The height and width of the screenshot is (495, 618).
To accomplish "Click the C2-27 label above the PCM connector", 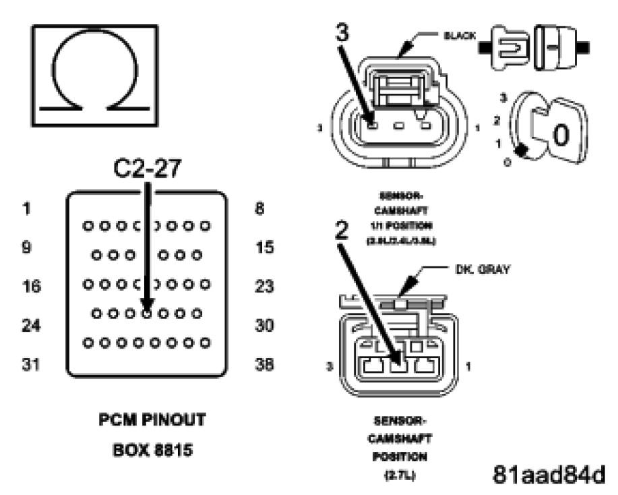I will (147, 169).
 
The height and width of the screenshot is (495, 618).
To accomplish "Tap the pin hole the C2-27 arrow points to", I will (147, 313).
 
